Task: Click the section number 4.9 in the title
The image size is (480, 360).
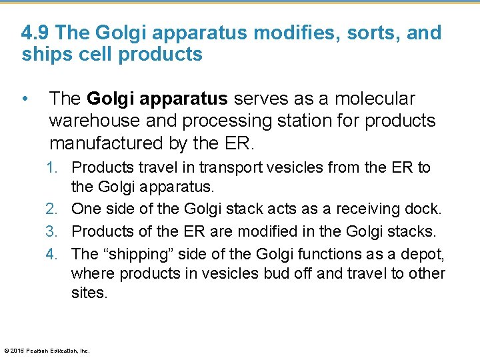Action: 35,33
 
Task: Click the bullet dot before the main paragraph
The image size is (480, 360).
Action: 25,99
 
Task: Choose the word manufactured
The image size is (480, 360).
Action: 107,143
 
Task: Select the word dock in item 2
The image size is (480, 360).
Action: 424,209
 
